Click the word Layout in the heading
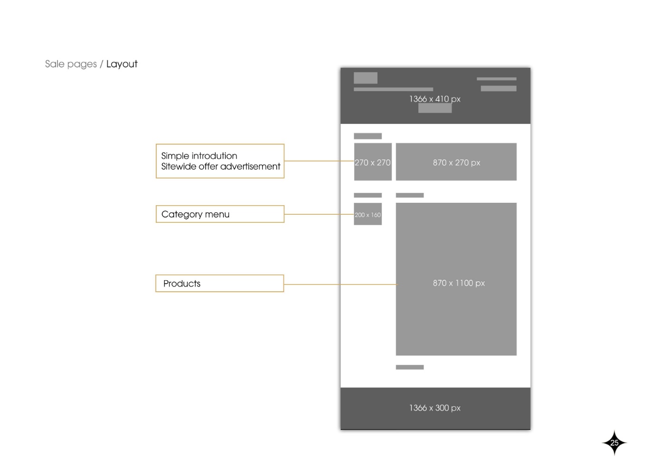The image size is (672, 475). click(x=122, y=64)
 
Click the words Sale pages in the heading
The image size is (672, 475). click(x=71, y=64)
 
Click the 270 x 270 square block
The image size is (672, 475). click(x=373, y=161)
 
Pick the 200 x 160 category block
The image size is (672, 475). click(x=368, y=214)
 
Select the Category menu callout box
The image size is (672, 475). click(x=220, y=214)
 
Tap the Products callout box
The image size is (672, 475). click(x=220, y=284)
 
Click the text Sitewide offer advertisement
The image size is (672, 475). click(x=221, y=166)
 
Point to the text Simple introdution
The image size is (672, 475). click(x=199, y=156)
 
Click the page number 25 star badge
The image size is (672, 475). click(x=614, y=443)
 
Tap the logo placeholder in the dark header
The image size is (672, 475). click(x=365, y=78)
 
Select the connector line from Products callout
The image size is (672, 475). click(x=341, y=284)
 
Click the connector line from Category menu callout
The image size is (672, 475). click(x=319, y=214)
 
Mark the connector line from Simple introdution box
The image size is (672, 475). click(x=319, y=161)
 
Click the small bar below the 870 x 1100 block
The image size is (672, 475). click(x=410, y=367)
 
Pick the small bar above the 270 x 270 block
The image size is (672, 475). click(x=368, y=136)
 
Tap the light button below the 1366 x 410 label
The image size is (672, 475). click(x=435, y=108)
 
